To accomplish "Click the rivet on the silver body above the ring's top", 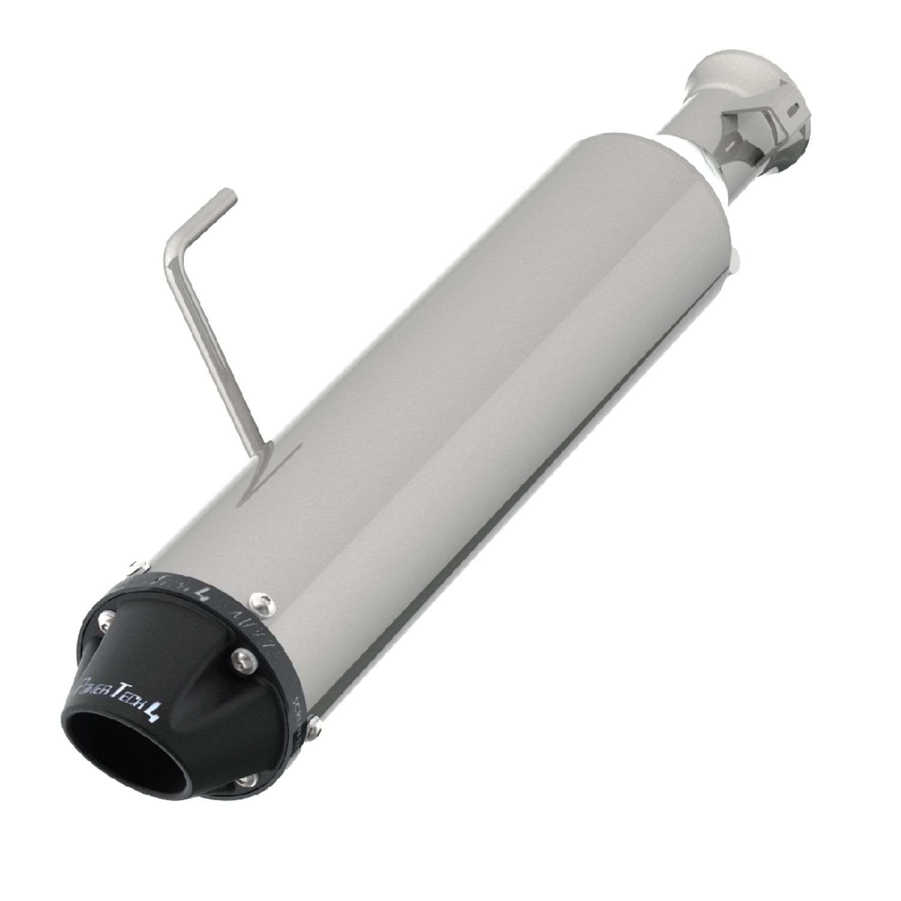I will [139, 564].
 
